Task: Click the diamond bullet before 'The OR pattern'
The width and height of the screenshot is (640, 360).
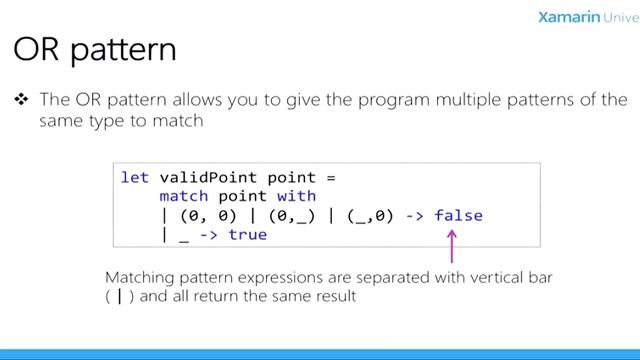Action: click(x=21, y=100)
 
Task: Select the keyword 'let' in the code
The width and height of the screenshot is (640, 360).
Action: click(x=134, y=177)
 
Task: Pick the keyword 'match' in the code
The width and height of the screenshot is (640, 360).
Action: click(x=183, y=196)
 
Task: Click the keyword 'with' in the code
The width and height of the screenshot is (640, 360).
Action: click(x=296, y=196)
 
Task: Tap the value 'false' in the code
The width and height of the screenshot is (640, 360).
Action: click(x=458, y=215)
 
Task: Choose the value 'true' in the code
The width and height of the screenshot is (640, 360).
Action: click(x=247, y=234)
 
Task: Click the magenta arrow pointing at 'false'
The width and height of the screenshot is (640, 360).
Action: click(x=451, y=245)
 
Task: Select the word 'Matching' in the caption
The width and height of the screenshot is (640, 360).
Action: click(x=139, y=276)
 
